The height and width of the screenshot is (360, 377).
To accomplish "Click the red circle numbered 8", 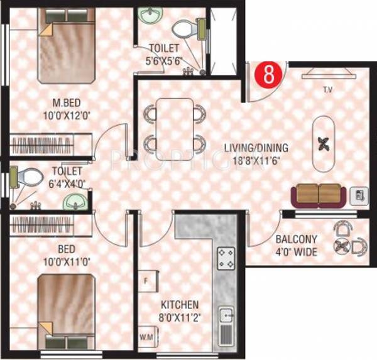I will pos(268,75).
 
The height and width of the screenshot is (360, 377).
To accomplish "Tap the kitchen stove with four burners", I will pos(226,258).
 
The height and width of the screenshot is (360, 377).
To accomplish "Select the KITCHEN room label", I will pos(179,304).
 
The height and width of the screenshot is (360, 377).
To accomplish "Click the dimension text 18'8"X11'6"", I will pos(256,160).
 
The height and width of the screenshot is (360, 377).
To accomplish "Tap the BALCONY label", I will pos(296,239).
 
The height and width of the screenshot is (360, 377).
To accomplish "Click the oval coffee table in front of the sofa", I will pos(325,144).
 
